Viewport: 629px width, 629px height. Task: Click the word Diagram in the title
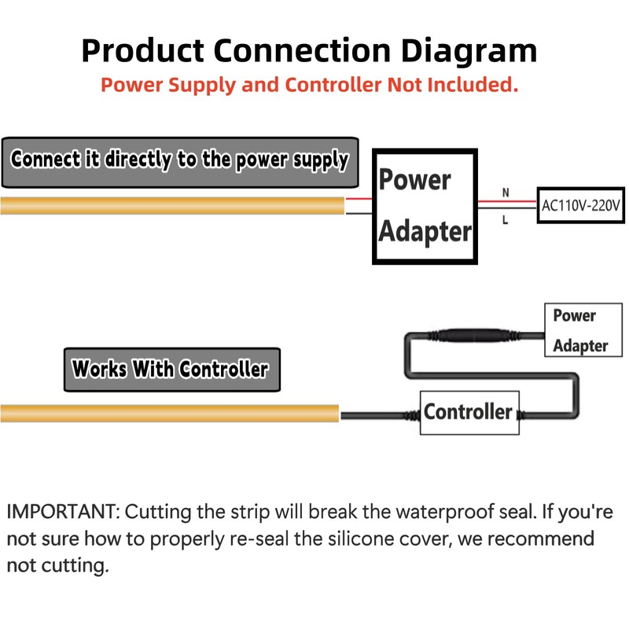click(469, 51)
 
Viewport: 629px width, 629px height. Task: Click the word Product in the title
click(143, 50)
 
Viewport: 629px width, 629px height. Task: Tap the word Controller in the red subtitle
click(333, 85)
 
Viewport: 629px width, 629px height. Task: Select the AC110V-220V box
click(581, 205)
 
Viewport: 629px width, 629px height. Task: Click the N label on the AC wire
click(506, 193)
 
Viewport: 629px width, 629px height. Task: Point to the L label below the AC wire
click(505, 220)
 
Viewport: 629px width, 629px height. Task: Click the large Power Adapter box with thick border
click(425, 206)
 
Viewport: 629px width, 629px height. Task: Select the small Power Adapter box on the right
click(583, 330)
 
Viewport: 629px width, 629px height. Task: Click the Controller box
click(469, 413)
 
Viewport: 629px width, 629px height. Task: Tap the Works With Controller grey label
click(172, 370)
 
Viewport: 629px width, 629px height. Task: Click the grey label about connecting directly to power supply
click(180, 163)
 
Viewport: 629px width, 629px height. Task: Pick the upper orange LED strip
click(172, 205)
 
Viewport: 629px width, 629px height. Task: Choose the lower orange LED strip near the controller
click(170, 414)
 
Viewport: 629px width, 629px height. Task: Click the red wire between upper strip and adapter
click(359, 199)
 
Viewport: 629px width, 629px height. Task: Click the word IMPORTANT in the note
click(64, 512)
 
